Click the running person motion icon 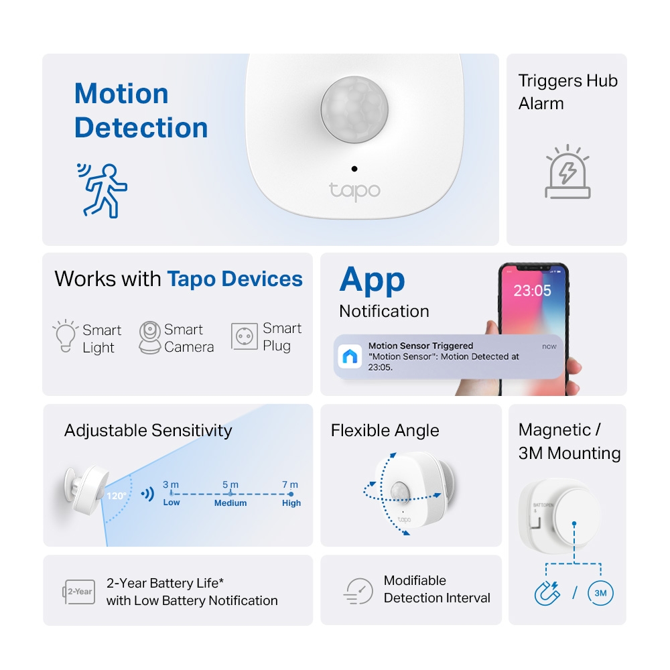tap(102, 190)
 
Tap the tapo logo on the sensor tap(354, 190)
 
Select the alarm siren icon tap(567, 174)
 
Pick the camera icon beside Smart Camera tap(149, 337)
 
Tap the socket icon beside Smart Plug tap(245, 336)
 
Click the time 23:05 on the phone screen tap(532, 291)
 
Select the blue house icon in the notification tap(350, 356)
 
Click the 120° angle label tap(115, 496)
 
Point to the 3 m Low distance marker tap(171, 494)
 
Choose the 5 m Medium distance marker tap(230, 494)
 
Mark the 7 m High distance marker tap(291, 494)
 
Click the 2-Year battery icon tap(79, 592)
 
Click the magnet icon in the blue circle tap(546, 594)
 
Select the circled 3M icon tap(600, 594)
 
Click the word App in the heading tap(372, 280)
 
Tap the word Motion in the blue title tap(121, 94)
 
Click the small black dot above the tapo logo tap(354, 169)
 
